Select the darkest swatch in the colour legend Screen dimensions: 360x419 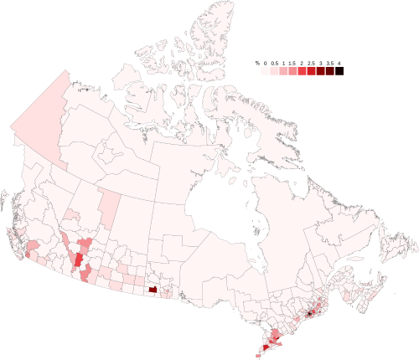(x=339, y=72)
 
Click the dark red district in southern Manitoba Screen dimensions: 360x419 (x=153, y=290)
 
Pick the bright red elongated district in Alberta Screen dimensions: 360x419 (x=80, y=260)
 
